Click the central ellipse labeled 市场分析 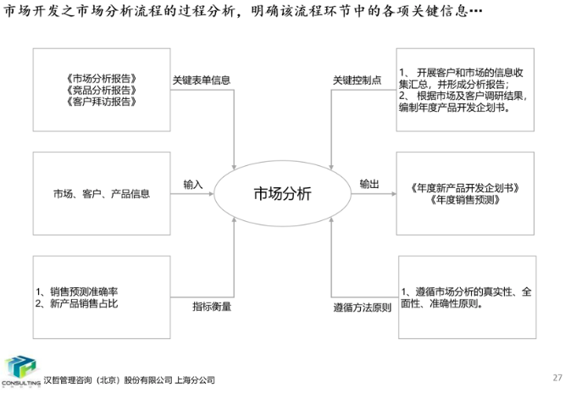(x=283, y=193)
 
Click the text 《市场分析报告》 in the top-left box (x=100, y=80)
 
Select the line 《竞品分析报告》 (x=100, y=91)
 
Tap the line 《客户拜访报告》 (x=100, y=102)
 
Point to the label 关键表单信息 (x=202, y=80)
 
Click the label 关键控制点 (x=357, y=80)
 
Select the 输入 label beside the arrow (x=193, y=184)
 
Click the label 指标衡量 (x=211, y=306)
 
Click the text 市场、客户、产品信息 (x=101, y=193)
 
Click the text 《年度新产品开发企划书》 (x=464, y=187)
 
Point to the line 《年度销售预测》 (x=464, y=200)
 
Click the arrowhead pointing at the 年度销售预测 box (x=391, y=193)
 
